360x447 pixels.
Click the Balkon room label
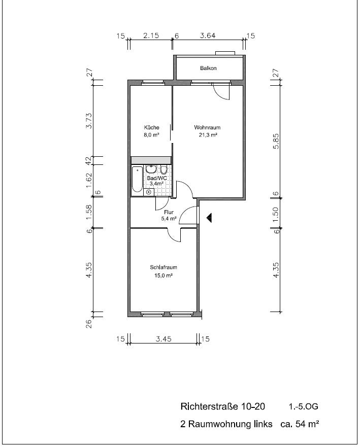point(208,68)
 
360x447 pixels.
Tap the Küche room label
point(151,127)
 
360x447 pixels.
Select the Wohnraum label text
point(207,127)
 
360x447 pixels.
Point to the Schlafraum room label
point(163,267)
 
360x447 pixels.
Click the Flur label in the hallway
point(169,212)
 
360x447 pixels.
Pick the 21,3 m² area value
point(208,135)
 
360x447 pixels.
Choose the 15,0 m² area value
point(163,276)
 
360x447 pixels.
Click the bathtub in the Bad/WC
point(137,179)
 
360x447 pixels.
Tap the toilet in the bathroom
point(163,170)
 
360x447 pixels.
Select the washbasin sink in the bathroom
point(151,169)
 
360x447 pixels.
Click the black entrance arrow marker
point(209,218)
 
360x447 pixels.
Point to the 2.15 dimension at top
point(151,36)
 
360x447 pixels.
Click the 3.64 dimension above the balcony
point(208,36)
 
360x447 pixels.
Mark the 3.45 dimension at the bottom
point(163,339)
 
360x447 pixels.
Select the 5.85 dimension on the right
point(276,141)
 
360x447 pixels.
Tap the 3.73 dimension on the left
point(89,121)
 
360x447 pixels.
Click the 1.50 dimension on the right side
point(275,215)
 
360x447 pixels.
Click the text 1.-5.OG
point(303,406)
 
